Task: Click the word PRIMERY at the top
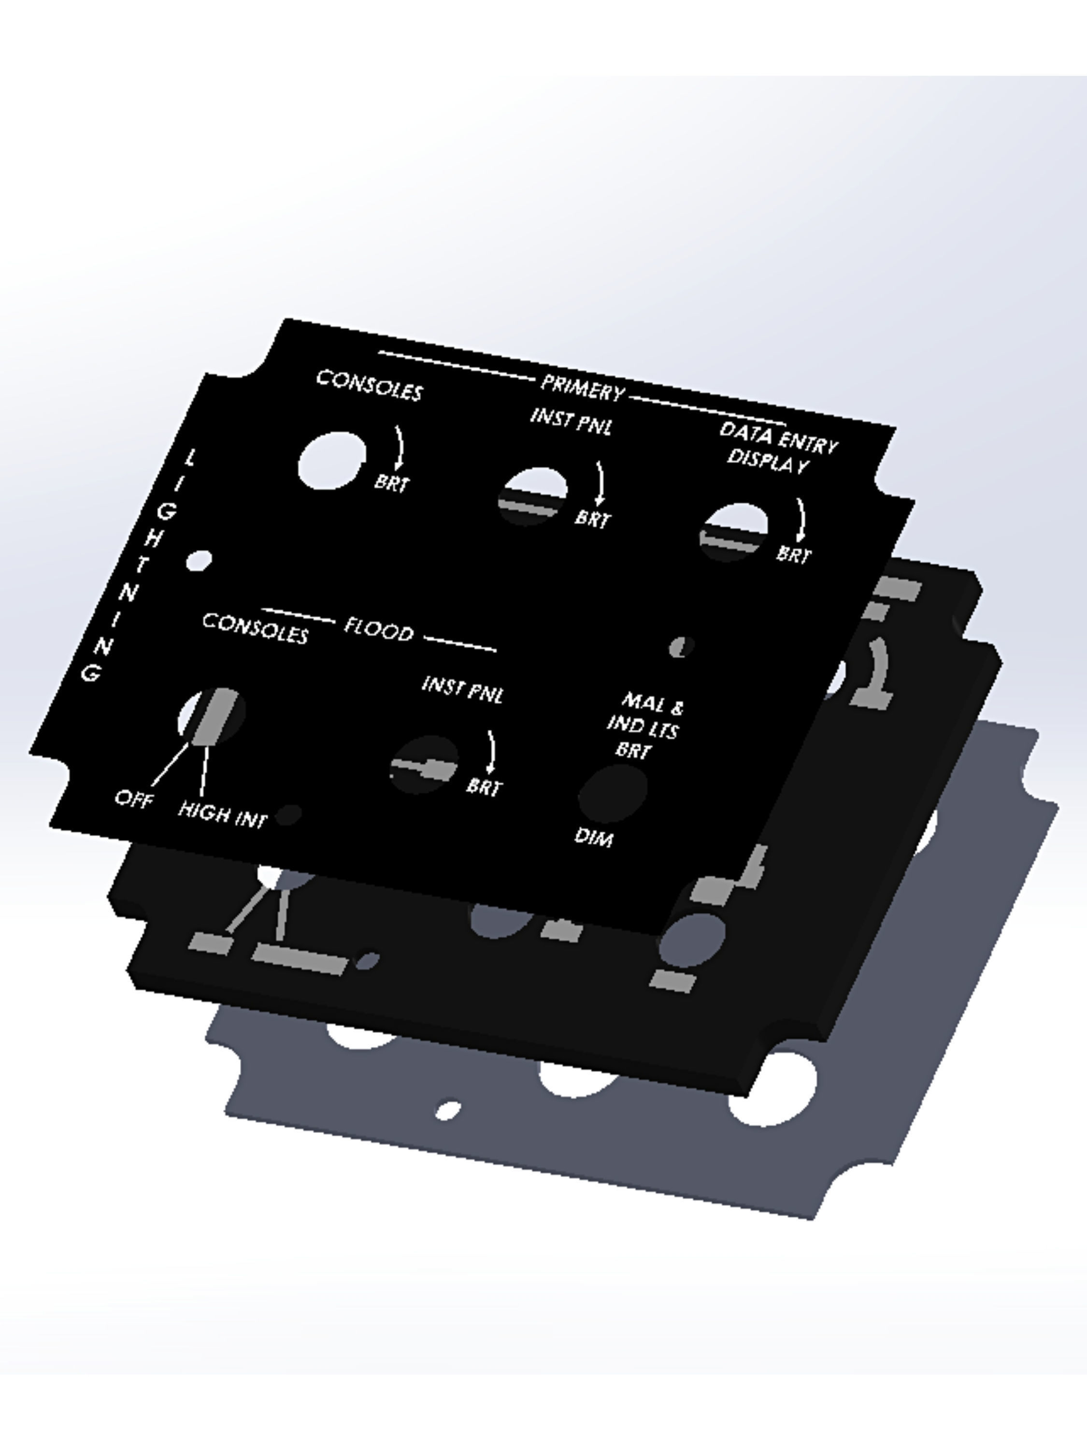581,388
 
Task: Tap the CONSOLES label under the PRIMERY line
370,385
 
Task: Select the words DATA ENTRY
778,437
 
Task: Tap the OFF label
134,798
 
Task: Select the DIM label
594,837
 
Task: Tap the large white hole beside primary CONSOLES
331,460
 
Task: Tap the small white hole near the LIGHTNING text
199,561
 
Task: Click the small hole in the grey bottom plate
448,1110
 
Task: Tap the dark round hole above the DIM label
613,793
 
